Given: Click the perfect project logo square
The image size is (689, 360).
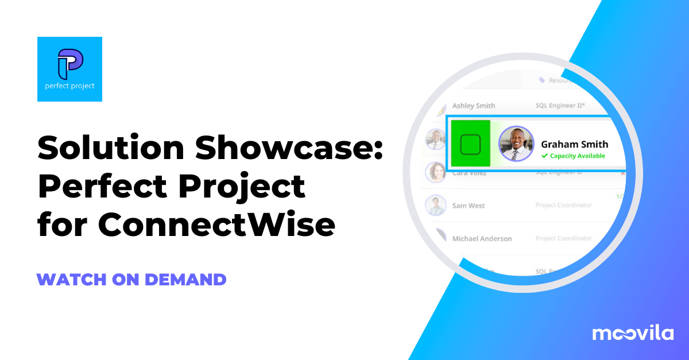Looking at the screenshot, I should coord(69,69).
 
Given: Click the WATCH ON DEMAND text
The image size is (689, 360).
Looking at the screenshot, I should coord(131,280).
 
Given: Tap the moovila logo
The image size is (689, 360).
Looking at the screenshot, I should coord(633,332).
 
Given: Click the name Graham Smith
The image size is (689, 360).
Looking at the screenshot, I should coord(574,144).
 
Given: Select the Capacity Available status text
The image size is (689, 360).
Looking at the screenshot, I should coord(577,156).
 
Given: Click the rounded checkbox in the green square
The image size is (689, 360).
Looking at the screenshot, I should coord(470,145).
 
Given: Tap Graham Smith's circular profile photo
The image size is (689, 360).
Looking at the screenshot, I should coord(516,144).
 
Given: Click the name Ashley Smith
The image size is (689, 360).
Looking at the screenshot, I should coord(473,106).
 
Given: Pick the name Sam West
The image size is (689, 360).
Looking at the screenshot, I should coord(469,206).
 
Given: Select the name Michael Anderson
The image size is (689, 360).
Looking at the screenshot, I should coord(482,238).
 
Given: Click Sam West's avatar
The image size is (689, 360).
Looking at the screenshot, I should coord(436,205).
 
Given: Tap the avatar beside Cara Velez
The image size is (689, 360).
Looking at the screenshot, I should coord(436,171).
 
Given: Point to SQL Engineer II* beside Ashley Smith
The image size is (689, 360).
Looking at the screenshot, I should coord(560,106).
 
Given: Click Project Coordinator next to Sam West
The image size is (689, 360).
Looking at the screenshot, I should coord(563,206).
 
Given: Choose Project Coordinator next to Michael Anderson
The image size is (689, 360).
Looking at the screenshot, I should coord(563,238).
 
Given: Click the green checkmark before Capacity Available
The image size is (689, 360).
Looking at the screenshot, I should coord(544,156).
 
